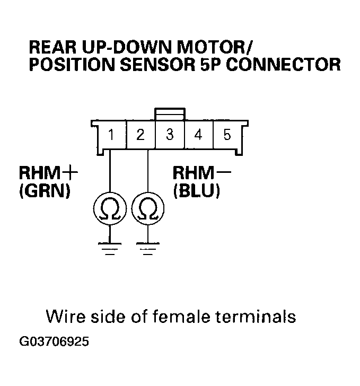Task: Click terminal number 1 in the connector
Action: coord(111,135)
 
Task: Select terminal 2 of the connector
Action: coord(141,135)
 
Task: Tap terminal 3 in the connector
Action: coord(170,135)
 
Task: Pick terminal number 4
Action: coord(198,135)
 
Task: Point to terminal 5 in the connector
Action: coord(227,135)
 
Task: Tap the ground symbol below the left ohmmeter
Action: coord(109,248)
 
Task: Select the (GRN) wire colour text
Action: coord(45,191)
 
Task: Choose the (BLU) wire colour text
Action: coord(196,191)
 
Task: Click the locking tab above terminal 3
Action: coord(170,114)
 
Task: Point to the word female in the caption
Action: coord(183,317)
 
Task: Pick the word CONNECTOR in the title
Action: coord(297,65)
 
